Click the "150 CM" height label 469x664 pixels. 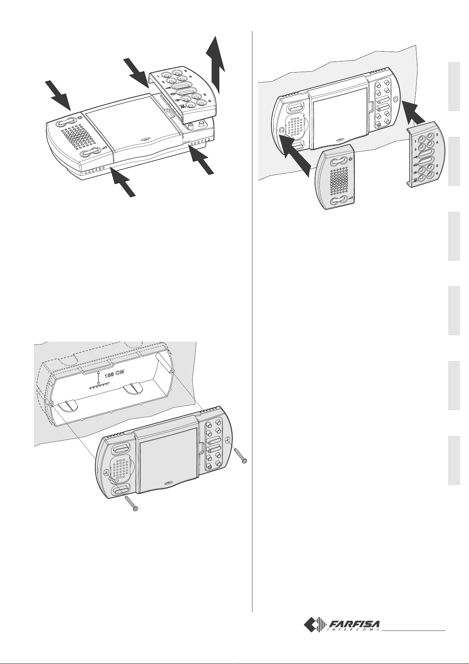point(114,374)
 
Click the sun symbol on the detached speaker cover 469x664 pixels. point(351,160)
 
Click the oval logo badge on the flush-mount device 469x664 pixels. point(168,483)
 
